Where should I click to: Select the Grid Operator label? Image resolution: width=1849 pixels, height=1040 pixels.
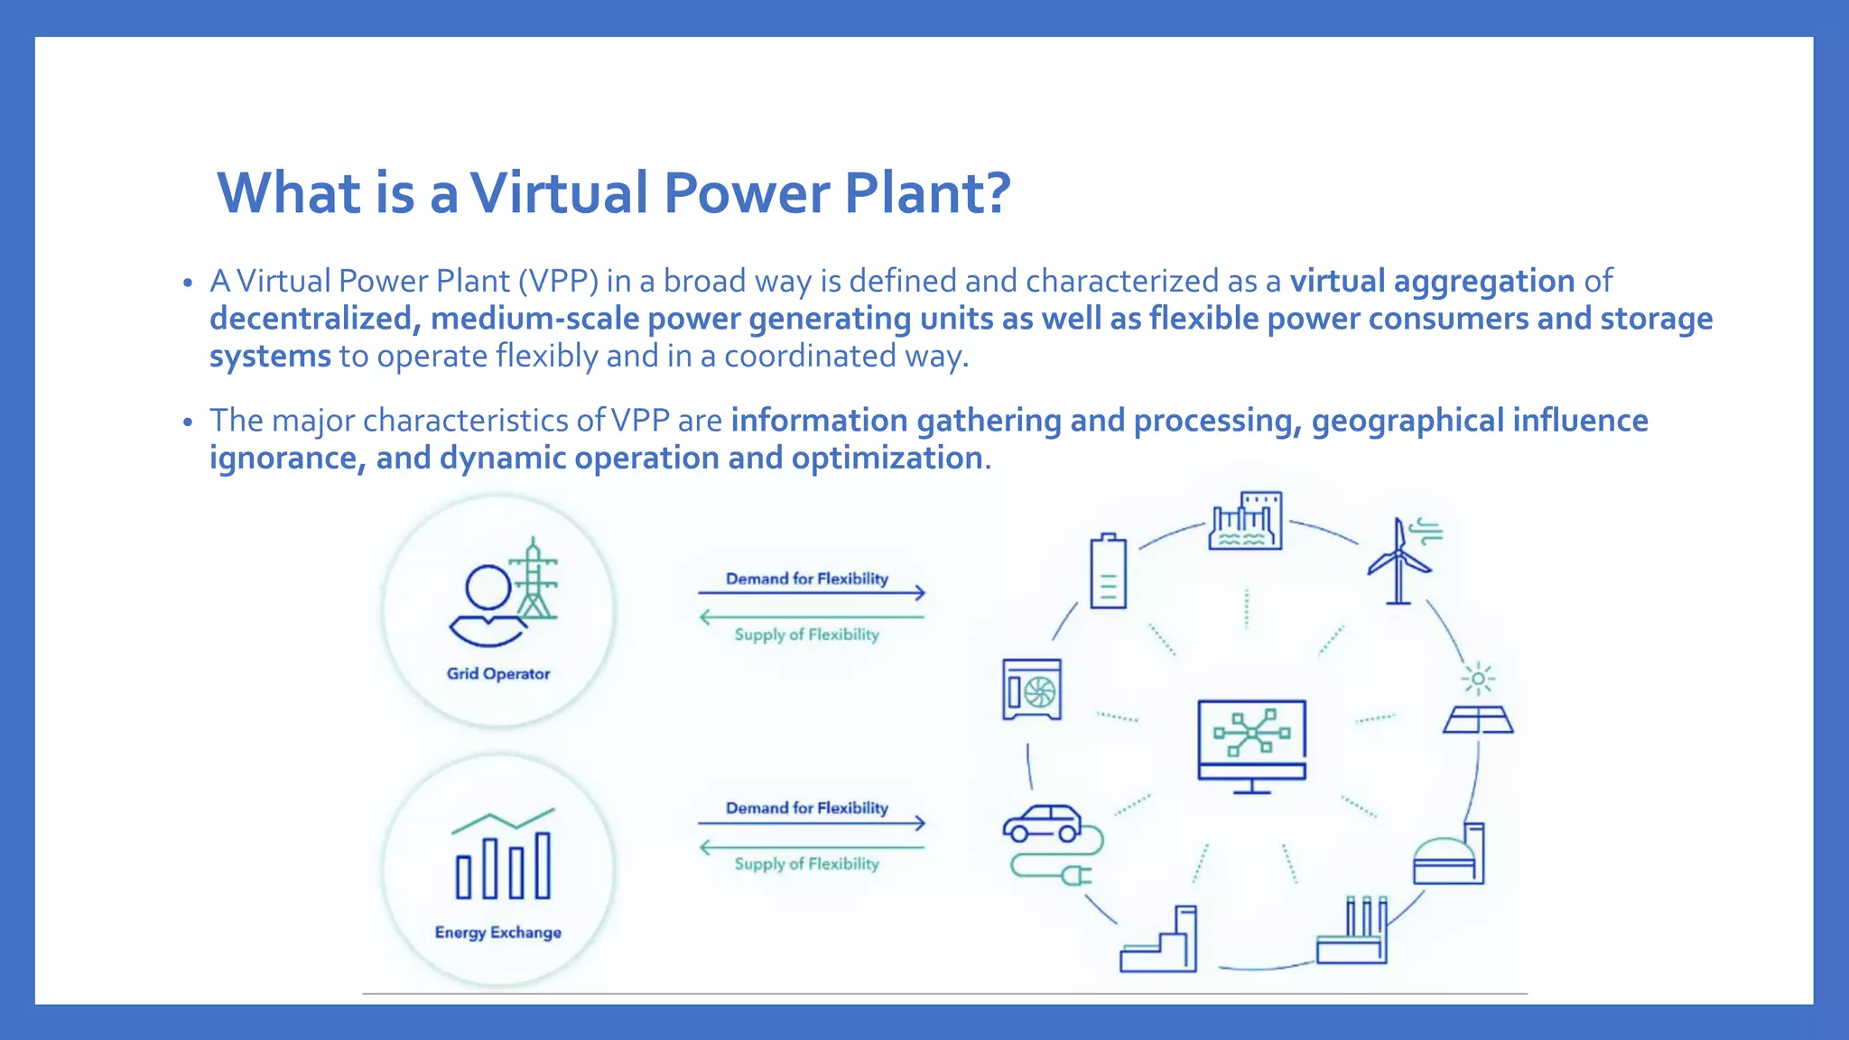pos(498,673)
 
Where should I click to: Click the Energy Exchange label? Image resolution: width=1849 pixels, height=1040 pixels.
pos(498,933)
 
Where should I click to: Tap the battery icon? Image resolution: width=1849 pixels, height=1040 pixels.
pos(1108,571)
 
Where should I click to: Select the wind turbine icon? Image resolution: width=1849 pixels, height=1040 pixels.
pos(1399,562)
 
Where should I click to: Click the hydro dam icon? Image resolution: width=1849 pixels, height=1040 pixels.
pos(1246,521)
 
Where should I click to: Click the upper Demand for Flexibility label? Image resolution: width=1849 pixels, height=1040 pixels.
pos(807,579)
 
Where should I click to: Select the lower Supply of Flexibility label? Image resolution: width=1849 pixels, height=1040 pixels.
pos(807,864)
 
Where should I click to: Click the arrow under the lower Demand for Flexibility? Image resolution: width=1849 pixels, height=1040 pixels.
pos(811,822)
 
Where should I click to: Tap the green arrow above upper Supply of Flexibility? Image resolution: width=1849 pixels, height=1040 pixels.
pos(811,617)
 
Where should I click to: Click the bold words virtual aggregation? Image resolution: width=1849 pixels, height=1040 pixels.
pos(1432,282)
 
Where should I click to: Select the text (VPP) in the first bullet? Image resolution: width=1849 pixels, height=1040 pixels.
pos(558,282)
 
